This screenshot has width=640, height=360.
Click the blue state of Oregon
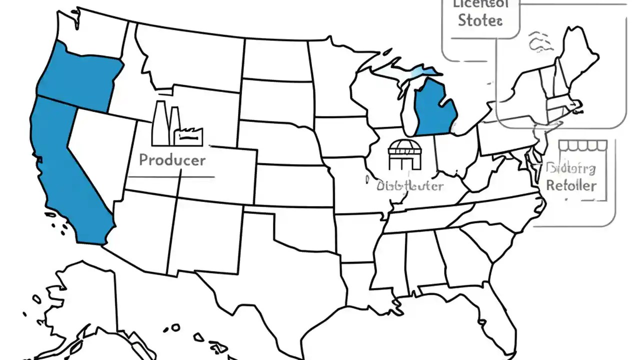click(80, 77)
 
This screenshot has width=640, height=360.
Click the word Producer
click(172, 160)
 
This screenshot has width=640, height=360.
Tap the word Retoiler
click(571, 185)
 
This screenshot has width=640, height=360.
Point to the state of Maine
click(580, 50)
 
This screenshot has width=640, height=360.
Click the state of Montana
click(190, 55)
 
